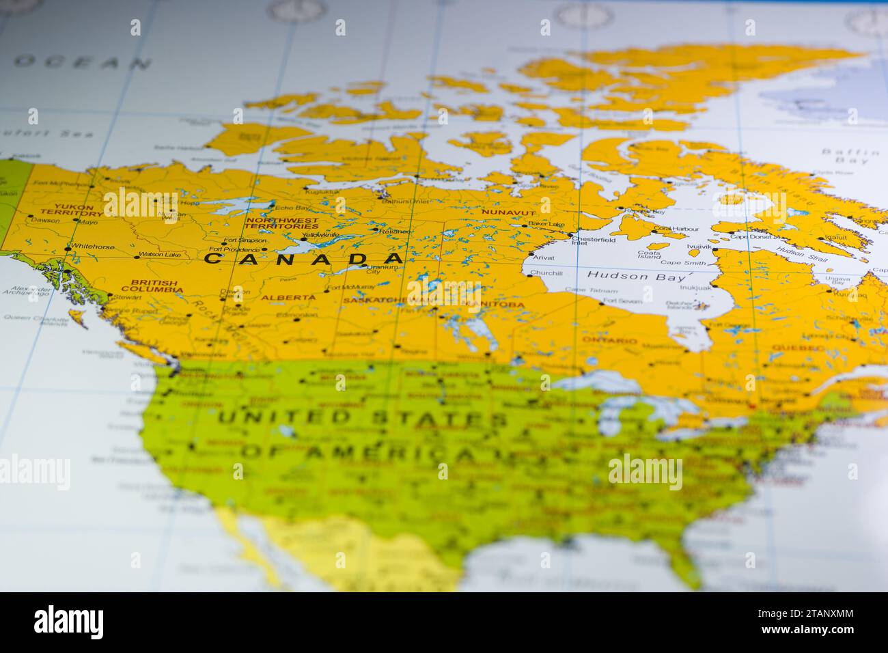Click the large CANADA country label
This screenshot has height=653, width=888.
pyautogui.click(x=303, y=259)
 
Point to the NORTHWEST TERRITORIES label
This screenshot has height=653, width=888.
pyautogui.click(x=282, y=223)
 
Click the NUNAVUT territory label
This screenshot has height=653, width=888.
pyautogui.click(x=508, y=212)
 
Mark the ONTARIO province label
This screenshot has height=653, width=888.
pyautogui.click(x=609, y=340)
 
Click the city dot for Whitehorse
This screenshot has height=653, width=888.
pyautogui.click(x=67, y=248)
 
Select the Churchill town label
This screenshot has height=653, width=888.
pyautogui.click(x=546, y=273)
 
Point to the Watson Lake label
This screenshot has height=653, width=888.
pyautogui.click(x=160, y=255)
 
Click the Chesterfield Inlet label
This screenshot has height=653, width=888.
pyautogui.click(x=593, y=240)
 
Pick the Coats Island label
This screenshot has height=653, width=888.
pyautogui.click(x=649, y=254)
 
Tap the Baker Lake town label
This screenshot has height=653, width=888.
pyautogui.click(x=546, y=224)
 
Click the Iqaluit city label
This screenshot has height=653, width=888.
pyautogui.click(x=835, y=238)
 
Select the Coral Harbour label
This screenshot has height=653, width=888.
pyautogui.click(x=676, y=229)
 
